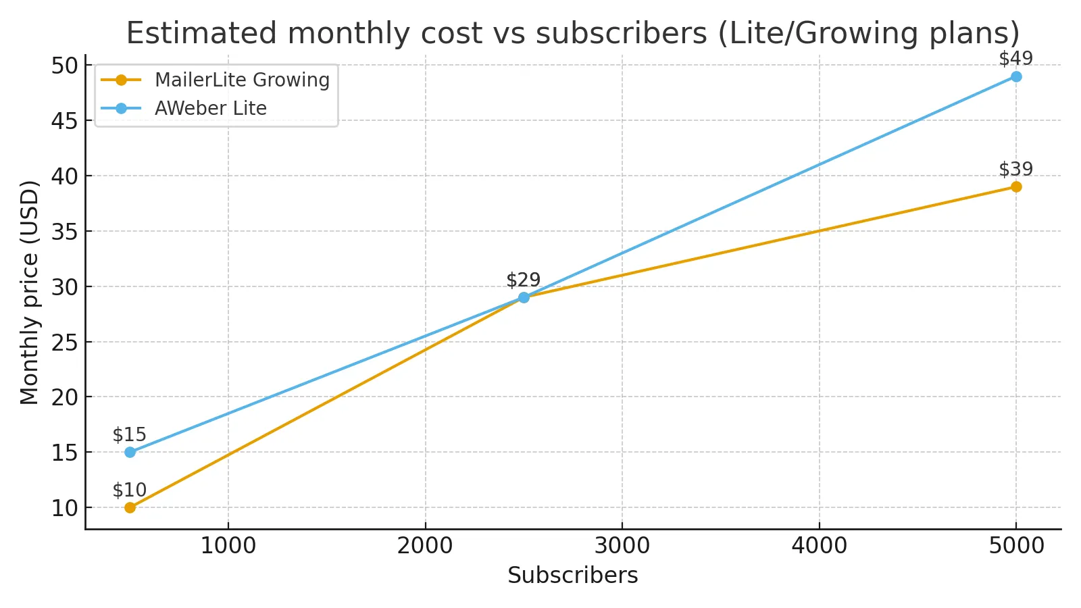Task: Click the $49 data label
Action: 1015,59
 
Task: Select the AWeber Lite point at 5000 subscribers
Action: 1015,77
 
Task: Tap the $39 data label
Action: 1015,169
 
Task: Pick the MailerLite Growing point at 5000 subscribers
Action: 1015,187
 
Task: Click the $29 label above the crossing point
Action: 523,280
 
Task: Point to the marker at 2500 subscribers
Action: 524,297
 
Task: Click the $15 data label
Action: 129,434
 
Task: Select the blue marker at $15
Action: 130,452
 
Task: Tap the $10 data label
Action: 129,490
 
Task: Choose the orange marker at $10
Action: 130,507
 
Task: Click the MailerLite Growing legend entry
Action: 242,80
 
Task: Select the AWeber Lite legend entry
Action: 210,108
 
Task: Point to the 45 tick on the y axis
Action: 64,121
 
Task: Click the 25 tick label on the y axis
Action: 64,342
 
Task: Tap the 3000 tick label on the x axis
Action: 622,546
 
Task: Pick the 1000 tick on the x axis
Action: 228,546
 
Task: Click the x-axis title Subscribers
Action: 572,576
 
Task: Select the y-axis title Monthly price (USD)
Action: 29,292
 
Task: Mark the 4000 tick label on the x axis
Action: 819,546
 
